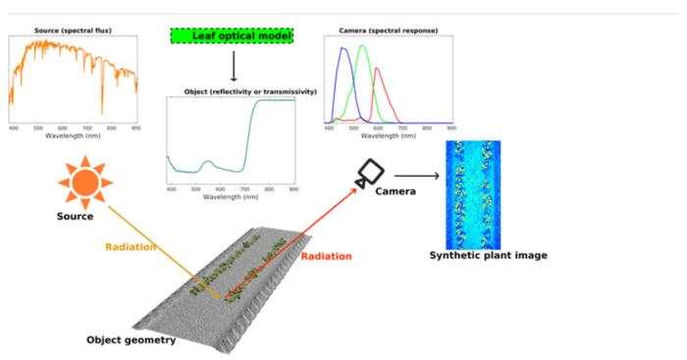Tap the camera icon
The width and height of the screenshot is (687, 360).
pos(369,173)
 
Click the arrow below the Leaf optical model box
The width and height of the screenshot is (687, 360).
pos(233,66)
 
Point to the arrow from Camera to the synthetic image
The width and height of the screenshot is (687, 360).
pos(413,177)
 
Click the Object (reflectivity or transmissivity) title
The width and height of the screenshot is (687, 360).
pos(250,91)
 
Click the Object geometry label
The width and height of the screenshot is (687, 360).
pos(130,340)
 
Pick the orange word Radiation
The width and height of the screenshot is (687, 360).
pos(131,246)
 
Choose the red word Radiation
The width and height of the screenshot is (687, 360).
pos(326,256)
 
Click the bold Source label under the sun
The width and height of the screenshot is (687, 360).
pos(75,216)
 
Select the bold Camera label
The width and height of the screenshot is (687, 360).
pos(396,191)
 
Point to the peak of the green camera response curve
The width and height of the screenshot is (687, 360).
pos(363,45)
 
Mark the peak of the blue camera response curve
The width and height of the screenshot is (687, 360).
pos(342,51)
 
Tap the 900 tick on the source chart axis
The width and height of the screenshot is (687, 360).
pos(135,128)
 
